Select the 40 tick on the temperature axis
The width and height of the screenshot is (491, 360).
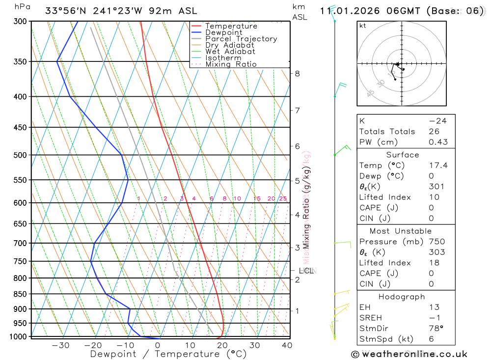click(287, 345)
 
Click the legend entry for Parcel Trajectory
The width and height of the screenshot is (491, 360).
click(241, 39)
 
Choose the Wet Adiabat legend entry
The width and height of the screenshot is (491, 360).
click(230, 52)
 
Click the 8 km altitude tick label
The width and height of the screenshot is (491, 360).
click(297, 74)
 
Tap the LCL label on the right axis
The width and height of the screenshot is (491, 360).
click(306, 271)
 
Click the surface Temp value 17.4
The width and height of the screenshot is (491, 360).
click(438, 166)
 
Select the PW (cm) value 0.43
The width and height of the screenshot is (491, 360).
click(438, 142)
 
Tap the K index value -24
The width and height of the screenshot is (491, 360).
click(437, 121)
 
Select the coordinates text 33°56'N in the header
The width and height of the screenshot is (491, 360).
click(65, 11)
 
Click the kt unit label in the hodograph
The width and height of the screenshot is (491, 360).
click(363, 26)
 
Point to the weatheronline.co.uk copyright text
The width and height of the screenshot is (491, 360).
click(409, 354)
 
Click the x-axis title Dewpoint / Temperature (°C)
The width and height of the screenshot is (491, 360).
click(168, 354)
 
